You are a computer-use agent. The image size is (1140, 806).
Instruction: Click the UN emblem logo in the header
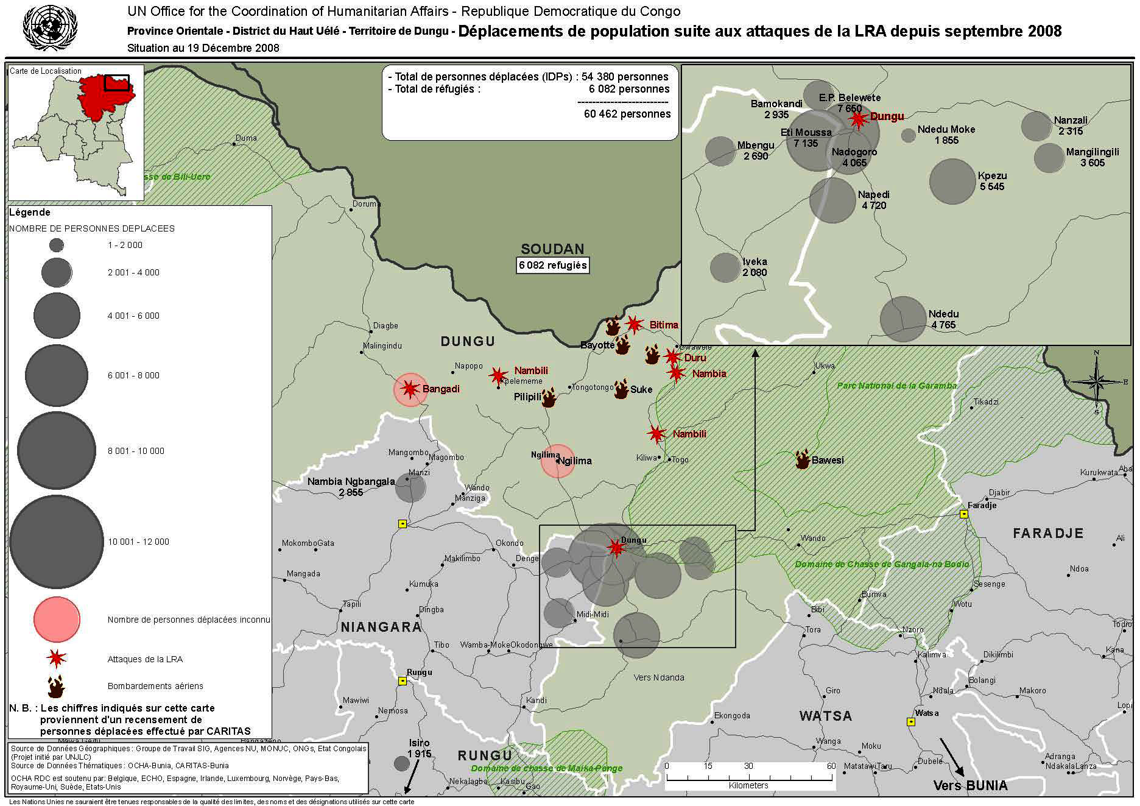(50, 27)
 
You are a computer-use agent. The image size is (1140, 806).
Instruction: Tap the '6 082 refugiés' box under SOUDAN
(552, 265)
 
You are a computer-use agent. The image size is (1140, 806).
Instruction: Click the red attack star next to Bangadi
(410, 388)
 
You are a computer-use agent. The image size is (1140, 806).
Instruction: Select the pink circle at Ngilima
(557, 461)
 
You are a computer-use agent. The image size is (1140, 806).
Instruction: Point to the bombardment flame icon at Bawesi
(803, 459)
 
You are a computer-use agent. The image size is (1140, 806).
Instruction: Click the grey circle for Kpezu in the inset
(952, 181)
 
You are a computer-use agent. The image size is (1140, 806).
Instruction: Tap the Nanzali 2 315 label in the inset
(1070, 125)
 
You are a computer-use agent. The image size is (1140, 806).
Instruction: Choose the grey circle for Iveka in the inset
(725, 267)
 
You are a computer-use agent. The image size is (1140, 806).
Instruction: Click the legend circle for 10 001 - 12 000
(56, 541)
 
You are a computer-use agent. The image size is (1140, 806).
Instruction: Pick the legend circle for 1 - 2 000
(57, 246)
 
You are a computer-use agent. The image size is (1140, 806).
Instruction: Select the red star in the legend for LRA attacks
(57, 658)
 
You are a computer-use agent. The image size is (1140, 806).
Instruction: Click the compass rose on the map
(1096, 382)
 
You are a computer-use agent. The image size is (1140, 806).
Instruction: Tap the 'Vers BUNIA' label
(970, 785)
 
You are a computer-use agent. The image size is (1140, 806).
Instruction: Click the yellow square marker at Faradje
(964, 514)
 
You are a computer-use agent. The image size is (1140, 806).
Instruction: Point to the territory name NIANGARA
(381, 627)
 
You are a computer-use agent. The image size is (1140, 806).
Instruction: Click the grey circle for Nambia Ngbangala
(410, 487)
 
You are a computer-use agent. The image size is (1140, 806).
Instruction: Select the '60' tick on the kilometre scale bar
(831, 766)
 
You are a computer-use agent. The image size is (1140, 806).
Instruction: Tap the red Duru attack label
(695, 358)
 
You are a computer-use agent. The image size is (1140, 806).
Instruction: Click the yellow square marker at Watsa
(911, 722)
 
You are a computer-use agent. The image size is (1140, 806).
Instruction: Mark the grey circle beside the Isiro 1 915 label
(401, 763)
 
